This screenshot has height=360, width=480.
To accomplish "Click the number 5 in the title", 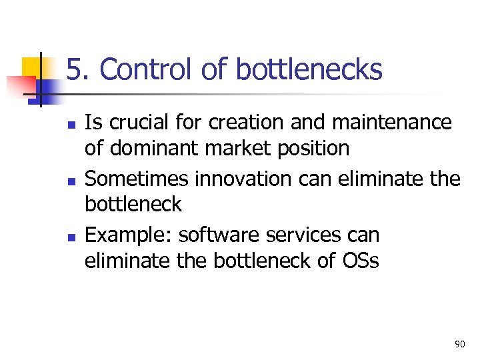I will pos(74,69).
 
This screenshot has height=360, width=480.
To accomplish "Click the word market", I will pos(231,148).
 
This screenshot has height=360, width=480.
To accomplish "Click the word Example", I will pos(129,235).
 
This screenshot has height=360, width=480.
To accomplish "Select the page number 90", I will pos(459,344).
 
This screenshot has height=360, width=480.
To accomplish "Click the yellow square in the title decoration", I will pos(31,68).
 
